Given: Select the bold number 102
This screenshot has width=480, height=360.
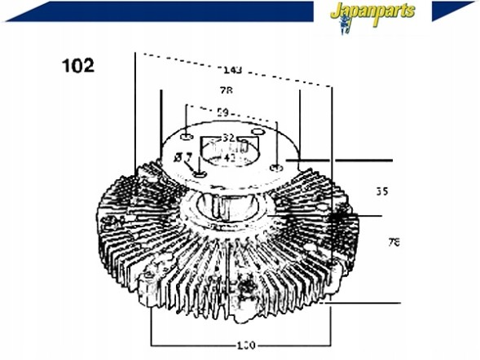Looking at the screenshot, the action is coord(78,65).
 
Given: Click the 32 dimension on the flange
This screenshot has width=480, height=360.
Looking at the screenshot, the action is coord(229,138).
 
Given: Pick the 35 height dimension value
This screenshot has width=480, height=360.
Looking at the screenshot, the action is coord(382,192).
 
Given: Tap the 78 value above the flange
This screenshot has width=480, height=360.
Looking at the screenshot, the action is coord(226,90).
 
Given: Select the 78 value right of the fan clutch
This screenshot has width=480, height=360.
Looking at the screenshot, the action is coord(394,242).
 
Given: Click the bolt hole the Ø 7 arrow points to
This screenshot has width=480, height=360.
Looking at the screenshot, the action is coord(200,173).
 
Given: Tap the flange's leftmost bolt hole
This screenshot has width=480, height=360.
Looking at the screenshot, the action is coord(186,134).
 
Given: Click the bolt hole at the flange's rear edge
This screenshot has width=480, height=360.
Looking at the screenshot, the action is coord(258,131).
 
